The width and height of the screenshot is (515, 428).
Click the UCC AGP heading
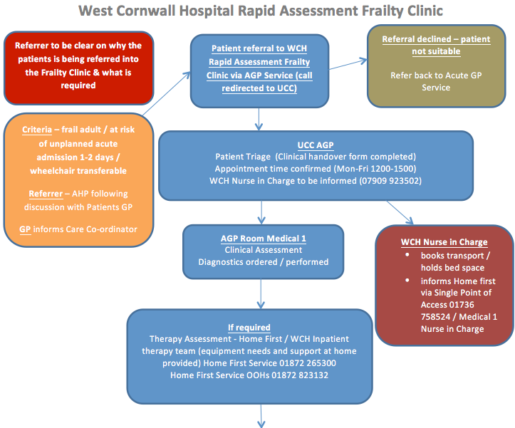[x=315, y=145]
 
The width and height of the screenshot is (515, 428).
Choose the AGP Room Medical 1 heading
[x=263, y=238]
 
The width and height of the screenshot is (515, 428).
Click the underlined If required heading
[x=249, y=327]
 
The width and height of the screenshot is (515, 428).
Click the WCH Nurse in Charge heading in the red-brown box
[x=444, y=242]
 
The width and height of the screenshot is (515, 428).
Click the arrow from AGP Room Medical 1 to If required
[x=263, y=292]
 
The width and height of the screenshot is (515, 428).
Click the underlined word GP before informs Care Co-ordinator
[x=26, y=229]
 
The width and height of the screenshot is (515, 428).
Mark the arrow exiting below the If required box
[x=263, y=417]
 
